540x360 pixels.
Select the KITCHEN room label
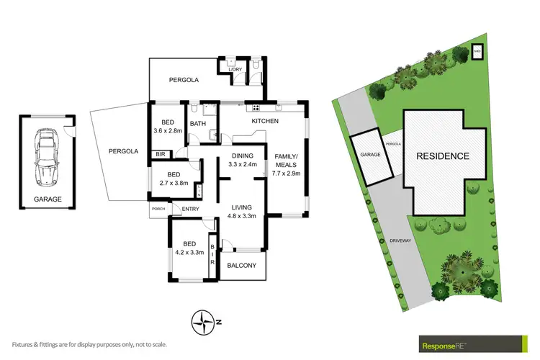[264, 122]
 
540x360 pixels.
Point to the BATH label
[198, 123]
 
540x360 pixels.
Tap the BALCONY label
[242, 266]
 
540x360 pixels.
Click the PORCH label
[158, 210]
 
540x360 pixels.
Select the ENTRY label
[190, 210]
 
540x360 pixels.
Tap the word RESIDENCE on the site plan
[443, 156]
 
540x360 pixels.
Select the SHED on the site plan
[477, 51]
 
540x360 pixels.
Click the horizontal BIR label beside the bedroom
[159, 154]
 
